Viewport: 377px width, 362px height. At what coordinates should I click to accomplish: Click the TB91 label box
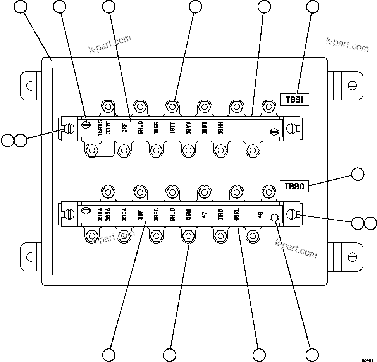coord(294,100)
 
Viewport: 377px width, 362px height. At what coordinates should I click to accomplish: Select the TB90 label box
coord(294,186)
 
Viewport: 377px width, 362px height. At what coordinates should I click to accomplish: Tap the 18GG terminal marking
coord(156,127)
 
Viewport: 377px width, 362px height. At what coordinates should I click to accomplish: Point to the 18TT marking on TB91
coord(172,127)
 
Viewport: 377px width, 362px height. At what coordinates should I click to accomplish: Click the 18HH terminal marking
coord(220,127)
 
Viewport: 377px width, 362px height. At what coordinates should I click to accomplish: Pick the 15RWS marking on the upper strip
coord(100,127)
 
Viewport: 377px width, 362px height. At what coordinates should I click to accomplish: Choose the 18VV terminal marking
coord(188,127)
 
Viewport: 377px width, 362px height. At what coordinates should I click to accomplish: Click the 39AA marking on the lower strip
coord(100,214)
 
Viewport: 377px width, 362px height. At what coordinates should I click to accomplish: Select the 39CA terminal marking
coord(124,214)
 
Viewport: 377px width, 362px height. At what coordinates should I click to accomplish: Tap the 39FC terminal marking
coord(156,214)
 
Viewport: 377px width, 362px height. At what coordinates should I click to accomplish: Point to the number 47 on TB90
coord(204,214)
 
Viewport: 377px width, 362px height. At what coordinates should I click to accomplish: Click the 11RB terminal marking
coord(220,214)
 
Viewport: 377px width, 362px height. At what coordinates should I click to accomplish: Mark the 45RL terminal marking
coord(236,214)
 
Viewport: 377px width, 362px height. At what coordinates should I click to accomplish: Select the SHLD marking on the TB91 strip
coord(140,127)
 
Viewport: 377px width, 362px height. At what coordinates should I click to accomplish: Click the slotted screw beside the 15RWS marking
coord(86,124)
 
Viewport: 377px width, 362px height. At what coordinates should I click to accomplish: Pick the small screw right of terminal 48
coord(274,218)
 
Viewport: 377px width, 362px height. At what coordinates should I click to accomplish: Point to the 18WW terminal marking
coord(204,127)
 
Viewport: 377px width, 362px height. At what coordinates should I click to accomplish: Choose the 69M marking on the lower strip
coord(188,214)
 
